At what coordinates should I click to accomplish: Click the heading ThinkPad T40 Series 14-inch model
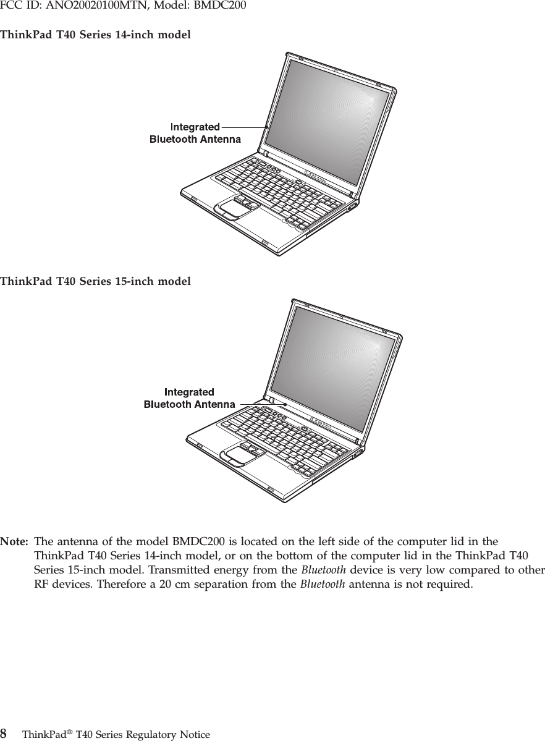point(96,35)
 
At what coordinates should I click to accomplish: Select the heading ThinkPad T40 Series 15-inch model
point(96,281)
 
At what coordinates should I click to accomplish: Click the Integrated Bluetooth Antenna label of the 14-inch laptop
point(195,133)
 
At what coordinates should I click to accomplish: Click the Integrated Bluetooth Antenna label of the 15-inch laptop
point(189,398)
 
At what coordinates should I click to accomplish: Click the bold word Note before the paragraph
point(14,541)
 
